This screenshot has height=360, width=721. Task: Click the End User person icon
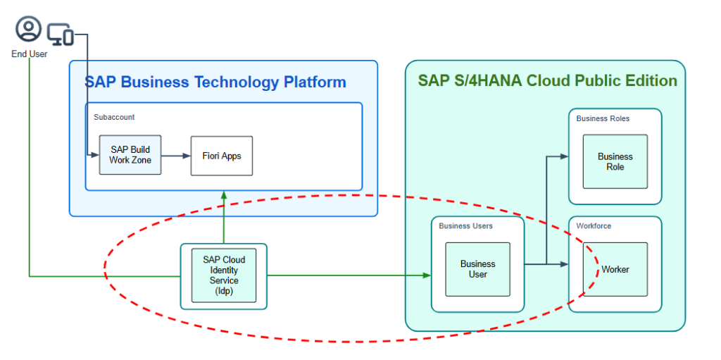pos(29,29)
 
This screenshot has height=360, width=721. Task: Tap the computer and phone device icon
pos(61,33)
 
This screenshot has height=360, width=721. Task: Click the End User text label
pos(29,54)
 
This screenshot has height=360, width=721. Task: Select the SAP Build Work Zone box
pos(130,155)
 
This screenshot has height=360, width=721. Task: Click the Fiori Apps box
pos(222,156)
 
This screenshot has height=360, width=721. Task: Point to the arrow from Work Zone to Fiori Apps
pos(176,156)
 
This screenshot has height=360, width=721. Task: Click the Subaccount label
pos(114,117)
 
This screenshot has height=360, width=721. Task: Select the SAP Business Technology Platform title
pos(215,82)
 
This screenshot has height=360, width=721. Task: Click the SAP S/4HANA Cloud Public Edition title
pos(547,80)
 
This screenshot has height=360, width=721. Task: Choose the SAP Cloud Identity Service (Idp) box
pos(224,275)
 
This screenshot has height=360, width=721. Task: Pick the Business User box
pos(477,269)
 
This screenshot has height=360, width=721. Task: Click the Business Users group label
pos(465,226)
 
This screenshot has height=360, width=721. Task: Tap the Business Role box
pos(615,161)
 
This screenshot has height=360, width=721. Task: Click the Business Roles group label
pos(603,118)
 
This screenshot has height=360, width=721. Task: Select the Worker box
pos(615,269)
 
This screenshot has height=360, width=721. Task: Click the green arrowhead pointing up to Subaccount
pos(224,195)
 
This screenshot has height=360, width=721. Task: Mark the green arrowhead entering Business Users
pos(427,275)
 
